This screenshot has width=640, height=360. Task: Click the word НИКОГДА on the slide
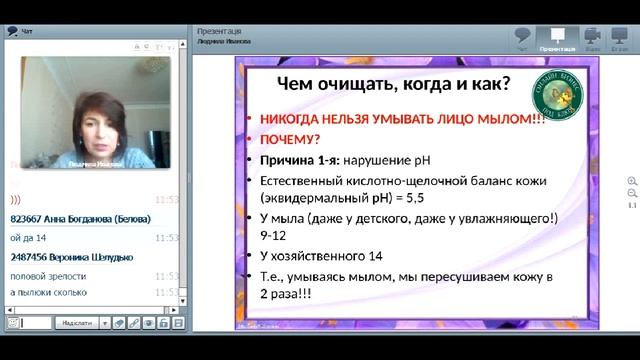(296, 117)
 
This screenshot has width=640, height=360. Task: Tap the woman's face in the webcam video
(98, 119)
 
